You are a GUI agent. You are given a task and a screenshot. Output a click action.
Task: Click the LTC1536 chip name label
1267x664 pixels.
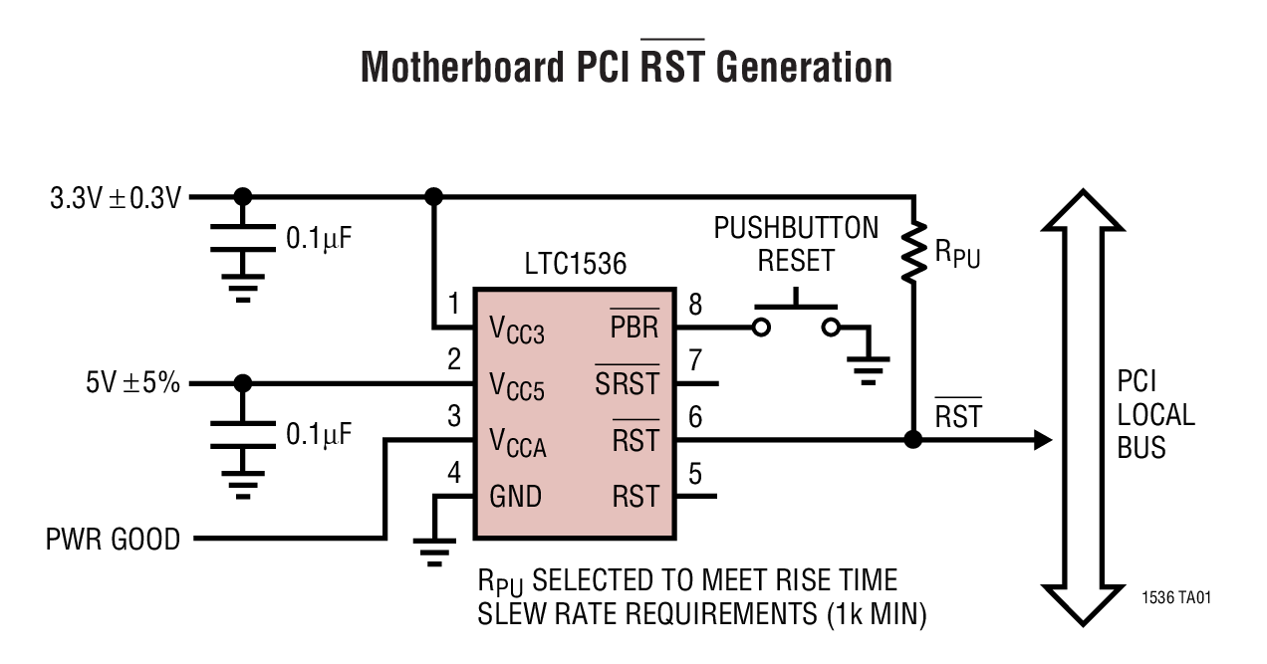(575, 264)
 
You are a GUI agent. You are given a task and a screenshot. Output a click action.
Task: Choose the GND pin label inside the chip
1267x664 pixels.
(516, 495)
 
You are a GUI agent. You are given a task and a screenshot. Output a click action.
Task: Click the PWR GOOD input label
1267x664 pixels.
(113, 540)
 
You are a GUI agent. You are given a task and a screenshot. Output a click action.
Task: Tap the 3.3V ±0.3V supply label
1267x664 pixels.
(116, 197)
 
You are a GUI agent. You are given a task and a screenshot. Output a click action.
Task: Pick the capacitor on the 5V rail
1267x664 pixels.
(241, 432)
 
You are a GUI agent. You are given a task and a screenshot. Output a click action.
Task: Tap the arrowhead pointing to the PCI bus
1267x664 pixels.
(1042, 439)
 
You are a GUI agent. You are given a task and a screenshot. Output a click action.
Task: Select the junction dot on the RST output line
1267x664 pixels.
(912, 439)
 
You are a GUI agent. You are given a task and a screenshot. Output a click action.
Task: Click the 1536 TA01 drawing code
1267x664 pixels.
(1176, 598)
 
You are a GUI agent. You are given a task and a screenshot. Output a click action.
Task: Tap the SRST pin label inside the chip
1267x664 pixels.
(628, 383)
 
